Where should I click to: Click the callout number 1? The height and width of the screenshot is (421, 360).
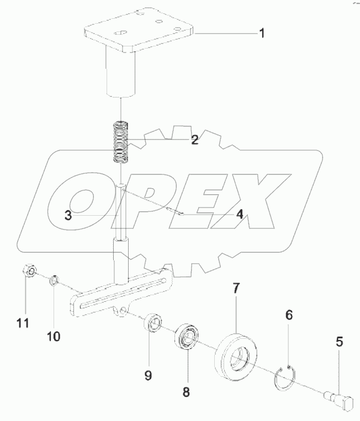tap(262, 34)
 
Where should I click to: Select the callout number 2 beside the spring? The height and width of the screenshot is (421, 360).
tap(194, 140)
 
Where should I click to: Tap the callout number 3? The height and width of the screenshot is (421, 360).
tap(67, 215)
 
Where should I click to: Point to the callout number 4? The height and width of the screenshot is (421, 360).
tap(240, 214)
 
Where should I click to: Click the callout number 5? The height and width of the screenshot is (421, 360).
tap(340, 342)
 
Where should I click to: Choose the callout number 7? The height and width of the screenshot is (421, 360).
tap(235, 287)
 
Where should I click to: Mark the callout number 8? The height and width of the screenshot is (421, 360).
tap(186, 392)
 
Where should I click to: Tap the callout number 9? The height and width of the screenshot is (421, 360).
tap(148, 376)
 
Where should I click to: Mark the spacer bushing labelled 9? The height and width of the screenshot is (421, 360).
tap(153, 324)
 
